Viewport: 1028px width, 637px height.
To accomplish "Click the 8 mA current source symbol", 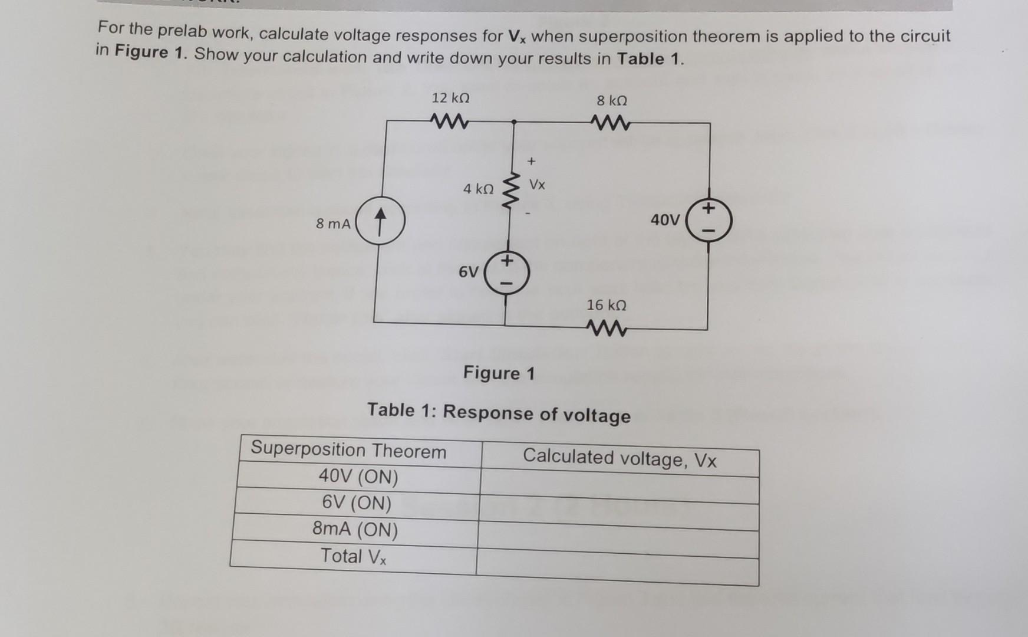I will tap(380, 222).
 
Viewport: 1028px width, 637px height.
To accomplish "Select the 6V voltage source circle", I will tap(507, 273).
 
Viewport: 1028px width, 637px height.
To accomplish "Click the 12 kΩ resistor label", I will tap(450, 97).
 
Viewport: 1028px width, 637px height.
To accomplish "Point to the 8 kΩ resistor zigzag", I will tap(611, 123).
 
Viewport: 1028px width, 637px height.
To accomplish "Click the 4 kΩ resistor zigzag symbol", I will tap(510, 189).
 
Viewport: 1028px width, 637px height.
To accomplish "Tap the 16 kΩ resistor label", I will tap(606, 305).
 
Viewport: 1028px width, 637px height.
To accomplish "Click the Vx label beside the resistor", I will tap(537, 185).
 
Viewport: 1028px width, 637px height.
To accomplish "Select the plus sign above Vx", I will tap(531, 160).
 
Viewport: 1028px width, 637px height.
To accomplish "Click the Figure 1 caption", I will tap(499, 373).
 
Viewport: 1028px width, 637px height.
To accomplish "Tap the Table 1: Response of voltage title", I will tap(499, 412).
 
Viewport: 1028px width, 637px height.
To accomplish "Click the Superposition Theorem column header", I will tap(348, 450).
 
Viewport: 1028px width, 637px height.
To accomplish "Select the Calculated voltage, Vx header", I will tap(619, 458).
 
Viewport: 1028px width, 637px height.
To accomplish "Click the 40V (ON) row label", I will tap(358, 476).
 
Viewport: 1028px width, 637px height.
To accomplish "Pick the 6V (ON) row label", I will tap(357, 503).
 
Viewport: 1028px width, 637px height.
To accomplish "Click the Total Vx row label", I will tap(353, 556).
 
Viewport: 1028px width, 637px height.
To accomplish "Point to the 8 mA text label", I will tap(333, 224).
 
